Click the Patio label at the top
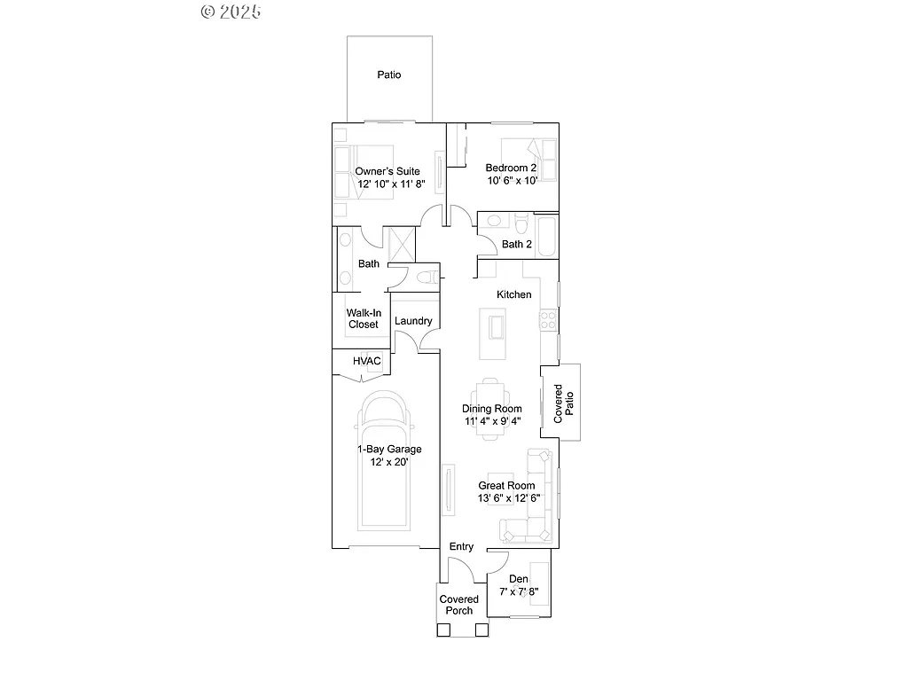click(x=388, y=74)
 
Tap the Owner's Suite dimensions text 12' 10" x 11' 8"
click(x=391, y=184)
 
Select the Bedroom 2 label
click(x=511, y=168)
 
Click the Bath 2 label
click(x=516, y=244)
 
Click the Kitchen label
click(x=513, y=294)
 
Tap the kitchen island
click(x=493, y=333)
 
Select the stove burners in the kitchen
click(x=549, y=319)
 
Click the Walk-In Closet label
click(x=363, y=319)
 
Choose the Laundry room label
click(x=413, y=321)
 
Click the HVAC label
click(x=366, y=361)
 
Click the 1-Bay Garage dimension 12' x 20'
click(x=388, y=463)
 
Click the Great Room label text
click(x=506, y=485)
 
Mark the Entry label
click(x=461, y=546)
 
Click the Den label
click(x=519, y=579)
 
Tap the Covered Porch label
click(x=459, y=605)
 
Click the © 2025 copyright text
click(x=231, y=12)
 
